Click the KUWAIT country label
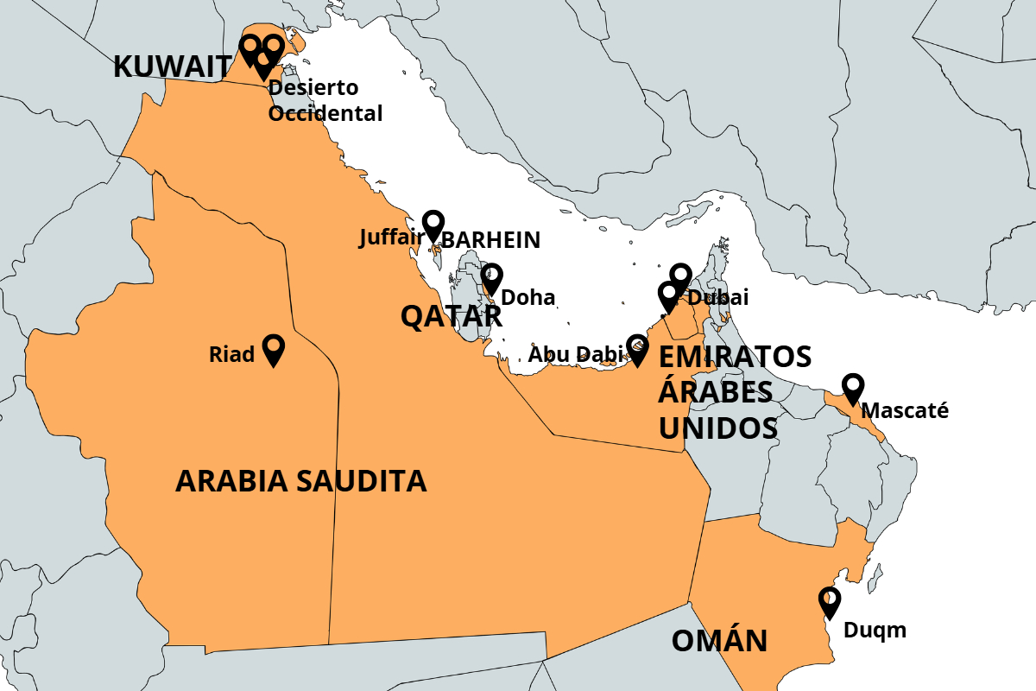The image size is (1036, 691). click(x=173, y=67)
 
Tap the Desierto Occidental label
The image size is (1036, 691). click(x=325, y=101)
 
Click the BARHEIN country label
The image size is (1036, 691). click(x=490, y=240)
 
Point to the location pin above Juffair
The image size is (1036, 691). click(x=433, y=225)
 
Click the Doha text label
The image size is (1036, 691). click(x=527, y=298)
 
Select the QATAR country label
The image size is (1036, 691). click(x=451, y=317)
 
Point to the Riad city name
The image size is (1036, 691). click(x=231, y=354)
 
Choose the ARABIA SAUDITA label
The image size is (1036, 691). click(x=300, y=481)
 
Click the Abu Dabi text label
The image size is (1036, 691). click(x=574, y=354)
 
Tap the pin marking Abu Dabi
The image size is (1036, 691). click(x=637, y=350)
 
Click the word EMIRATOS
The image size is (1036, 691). click(x=735, y=356)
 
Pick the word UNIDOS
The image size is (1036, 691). click(x=717, y=428)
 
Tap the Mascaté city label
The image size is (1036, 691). click(x=905, y=410)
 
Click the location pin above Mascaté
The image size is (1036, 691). click(x=853, y=389)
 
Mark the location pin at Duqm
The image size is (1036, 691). click(x=830, y=602)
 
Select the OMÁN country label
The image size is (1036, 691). click(x=719, y=641)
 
